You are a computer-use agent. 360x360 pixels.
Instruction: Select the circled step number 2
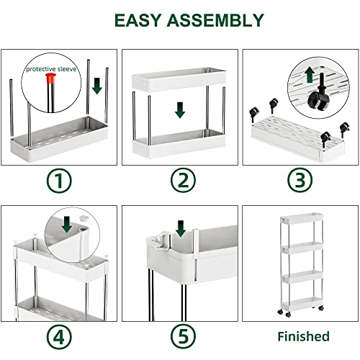(x=179, y=181)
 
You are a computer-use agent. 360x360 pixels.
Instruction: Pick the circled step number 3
(x=299, y=181)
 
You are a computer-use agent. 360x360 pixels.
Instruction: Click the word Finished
(x=303, y=336)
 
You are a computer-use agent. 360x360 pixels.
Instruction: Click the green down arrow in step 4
(x=67, y=225)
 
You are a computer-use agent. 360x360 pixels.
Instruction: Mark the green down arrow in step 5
(x=180, y=229)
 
